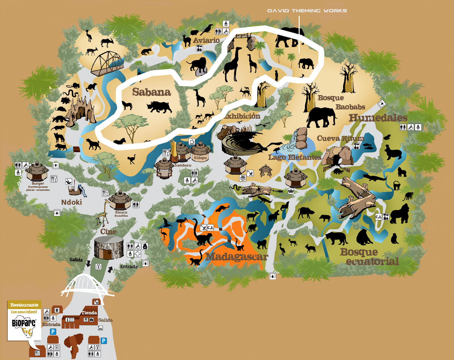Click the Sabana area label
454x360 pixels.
pos(151,92)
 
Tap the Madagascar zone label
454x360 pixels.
pos(237,257)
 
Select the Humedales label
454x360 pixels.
pos(378,118)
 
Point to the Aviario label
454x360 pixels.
pos(207,41)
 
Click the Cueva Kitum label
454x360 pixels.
pos(340,138)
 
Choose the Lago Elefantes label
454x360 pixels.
pos(294,157)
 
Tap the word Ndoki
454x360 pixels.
pos(71,202)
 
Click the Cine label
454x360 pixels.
pos(108,232)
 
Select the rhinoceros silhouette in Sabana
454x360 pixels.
pos(159,107)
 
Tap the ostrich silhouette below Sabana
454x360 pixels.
pos(131,159)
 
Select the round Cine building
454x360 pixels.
pos(109,248)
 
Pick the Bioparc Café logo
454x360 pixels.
pos(24,326)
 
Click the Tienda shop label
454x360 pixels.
pos(89,313)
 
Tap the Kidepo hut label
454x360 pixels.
pos(200,158)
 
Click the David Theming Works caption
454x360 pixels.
pos(307,11)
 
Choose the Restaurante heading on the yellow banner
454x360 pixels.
pos(24,305)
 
